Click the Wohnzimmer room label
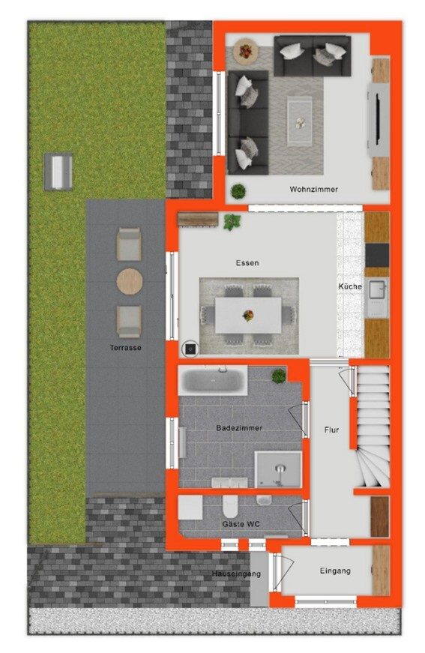tap(313, 189)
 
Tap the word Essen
tap(247, 263)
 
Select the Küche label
tap(350, 286)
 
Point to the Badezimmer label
tap(239, 427)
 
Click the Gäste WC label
tap(241, 524)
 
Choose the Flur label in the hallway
tap(331, 430)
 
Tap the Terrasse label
tap(126, 347)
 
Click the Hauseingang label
tap(236, 574)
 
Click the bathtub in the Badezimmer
tap(213, 381)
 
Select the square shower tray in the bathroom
tap(278, 469)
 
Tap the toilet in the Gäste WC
tap(229, 505)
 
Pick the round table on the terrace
tap(130, 282)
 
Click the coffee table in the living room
tap(299, 121)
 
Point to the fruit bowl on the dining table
tap(248, 316)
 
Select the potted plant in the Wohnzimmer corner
tap(238, 191)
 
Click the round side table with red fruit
tap(246, 52)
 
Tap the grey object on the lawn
tap(58, 172)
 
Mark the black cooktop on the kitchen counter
tap(377, 256)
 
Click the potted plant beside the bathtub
tap(279, 376)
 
